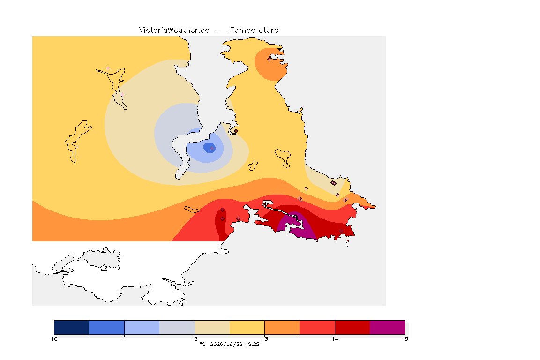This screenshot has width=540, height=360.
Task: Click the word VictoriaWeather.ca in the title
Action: click(174, 30)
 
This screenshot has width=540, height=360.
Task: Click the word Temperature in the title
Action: click(254, 30)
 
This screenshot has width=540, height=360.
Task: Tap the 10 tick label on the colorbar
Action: click(54, 339)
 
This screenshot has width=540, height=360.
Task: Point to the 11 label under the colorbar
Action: click(124, 339)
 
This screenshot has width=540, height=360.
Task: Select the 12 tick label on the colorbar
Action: click(195, 339)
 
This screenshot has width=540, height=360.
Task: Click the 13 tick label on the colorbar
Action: click(264, 339)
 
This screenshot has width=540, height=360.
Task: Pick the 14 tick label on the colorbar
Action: click(335, 339)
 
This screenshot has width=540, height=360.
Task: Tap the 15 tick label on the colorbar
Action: click(405, 339)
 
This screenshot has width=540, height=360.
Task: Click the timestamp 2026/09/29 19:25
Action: click(234, 344)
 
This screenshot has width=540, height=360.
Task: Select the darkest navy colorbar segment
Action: click(72, 327)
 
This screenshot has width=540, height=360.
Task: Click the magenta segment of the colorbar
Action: click(388, 327)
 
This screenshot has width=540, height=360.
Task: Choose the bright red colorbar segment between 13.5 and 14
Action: click(317, 327)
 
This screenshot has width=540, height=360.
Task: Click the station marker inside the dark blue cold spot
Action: click(212, 149)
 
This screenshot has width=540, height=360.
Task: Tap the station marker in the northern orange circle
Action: click(270, 59)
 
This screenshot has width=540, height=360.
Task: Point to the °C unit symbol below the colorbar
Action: click(202, 344)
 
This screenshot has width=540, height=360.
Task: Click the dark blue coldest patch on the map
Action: click(209, 148)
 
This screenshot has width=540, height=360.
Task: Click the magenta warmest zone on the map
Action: click(297, 227)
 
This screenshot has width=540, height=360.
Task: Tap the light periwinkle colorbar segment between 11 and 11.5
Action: click(142, 327)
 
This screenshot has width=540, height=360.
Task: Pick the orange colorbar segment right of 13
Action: click(282, 327)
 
